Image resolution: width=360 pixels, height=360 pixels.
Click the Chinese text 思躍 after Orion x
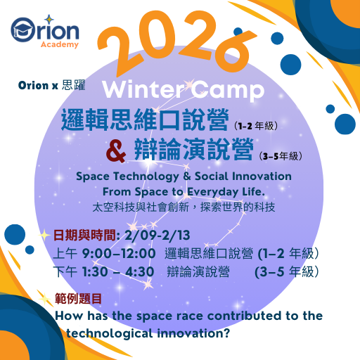click(73, 86)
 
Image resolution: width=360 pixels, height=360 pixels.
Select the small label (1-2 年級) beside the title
click(256, 127)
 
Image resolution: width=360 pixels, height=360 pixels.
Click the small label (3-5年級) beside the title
click(285, 156)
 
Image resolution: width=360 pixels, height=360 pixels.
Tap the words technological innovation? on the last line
click(148, 333)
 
